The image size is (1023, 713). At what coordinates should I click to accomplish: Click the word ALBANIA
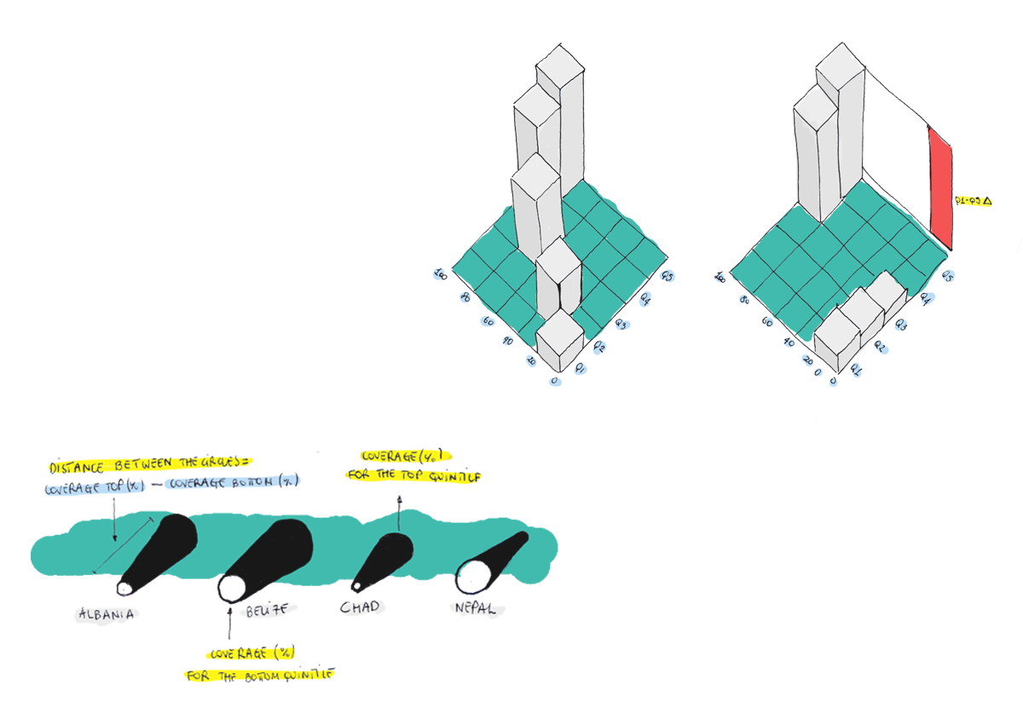[x=106, y=613]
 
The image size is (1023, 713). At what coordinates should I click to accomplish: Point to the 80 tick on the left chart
[x=465, y=296]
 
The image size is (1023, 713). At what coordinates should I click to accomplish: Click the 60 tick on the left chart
[x=488, y=321]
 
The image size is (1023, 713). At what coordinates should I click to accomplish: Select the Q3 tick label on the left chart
[x=621, y=325]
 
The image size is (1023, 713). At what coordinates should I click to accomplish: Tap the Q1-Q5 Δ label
[x=973, y=201]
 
